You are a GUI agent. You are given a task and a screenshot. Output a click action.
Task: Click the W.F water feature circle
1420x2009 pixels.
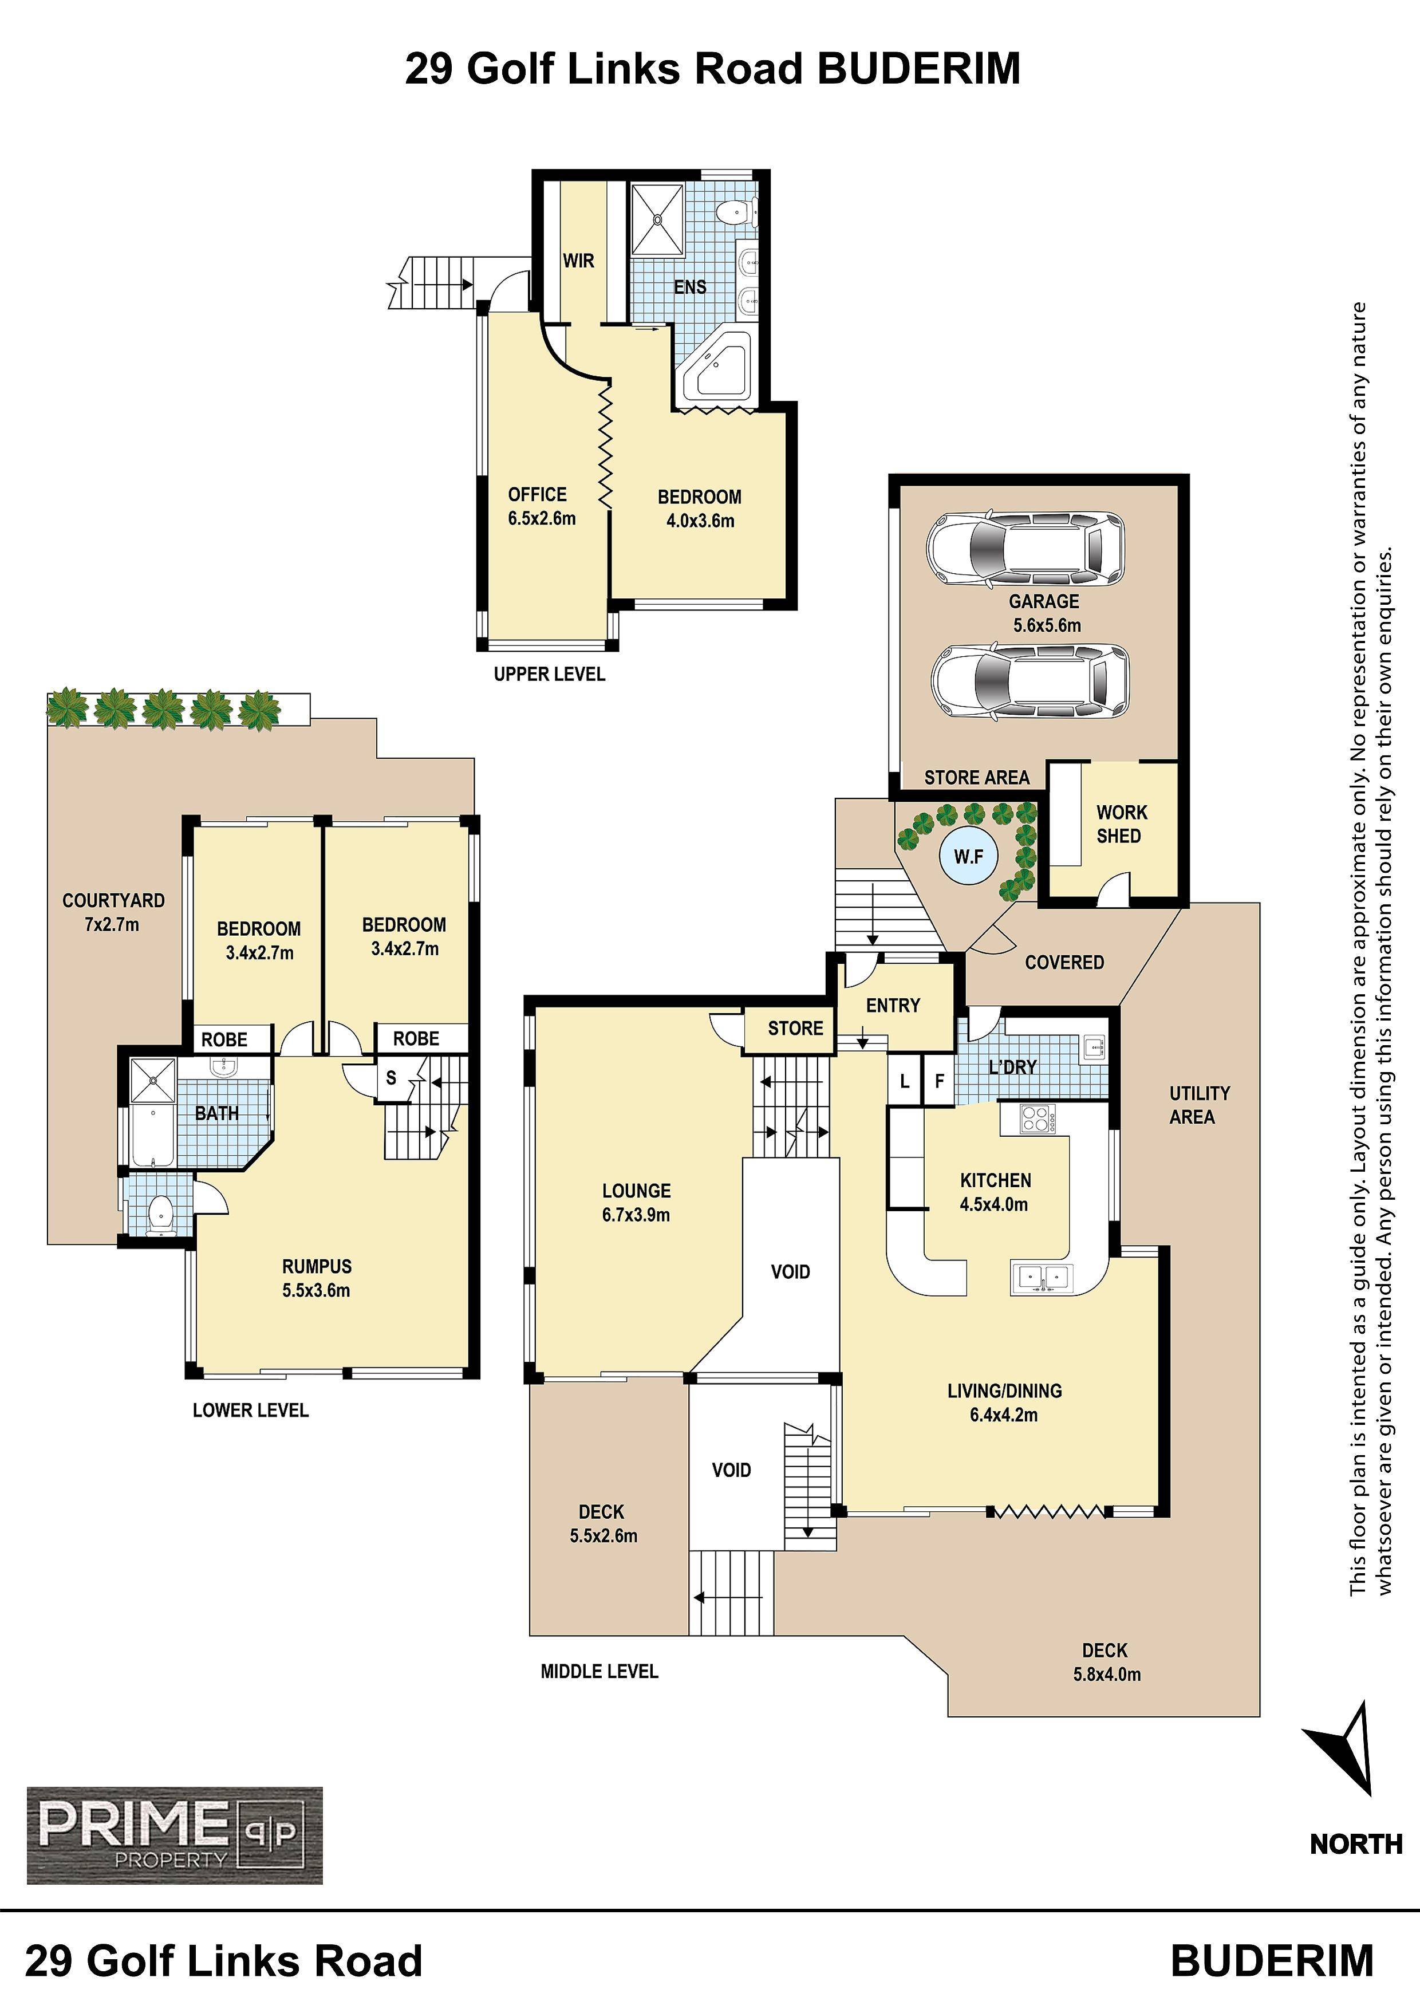(x=969, y=857)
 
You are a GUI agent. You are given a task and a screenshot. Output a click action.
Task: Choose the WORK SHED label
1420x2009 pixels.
(x=1121, y=824)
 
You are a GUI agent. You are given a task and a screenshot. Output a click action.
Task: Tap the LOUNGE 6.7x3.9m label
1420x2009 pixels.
(x=636, y=1202)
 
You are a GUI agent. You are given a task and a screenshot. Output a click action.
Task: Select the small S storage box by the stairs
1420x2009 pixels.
(x=391, y=1078)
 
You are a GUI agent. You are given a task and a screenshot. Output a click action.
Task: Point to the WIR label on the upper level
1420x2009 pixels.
(x=578, y=261)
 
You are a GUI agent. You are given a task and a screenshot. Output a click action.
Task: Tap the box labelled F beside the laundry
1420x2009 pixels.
(x=939, y=1081)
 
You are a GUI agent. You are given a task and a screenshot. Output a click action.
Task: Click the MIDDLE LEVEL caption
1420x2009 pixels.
(x=599, y=1671)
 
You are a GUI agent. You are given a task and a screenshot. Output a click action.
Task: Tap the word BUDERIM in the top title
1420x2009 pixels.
(x=918, y=68)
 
